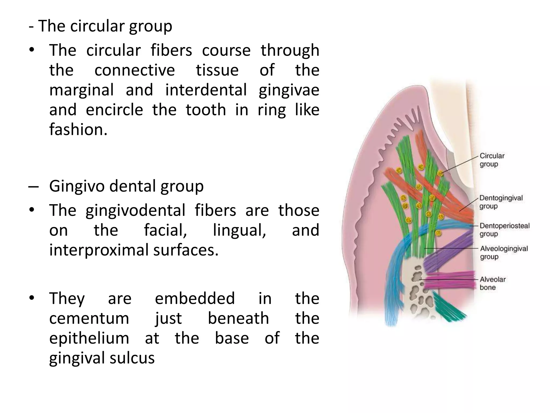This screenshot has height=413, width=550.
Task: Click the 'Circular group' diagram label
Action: point(492,160)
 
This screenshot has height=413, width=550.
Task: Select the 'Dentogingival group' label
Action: point(501,202)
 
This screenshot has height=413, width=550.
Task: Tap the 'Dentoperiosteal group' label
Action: point(504,230)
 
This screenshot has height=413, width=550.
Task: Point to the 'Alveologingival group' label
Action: point(504,252)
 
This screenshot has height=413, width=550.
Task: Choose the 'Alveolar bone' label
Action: point(493,283)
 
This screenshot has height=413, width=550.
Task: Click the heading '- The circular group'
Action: point(100,26)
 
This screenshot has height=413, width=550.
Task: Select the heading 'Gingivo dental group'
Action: point(126,186)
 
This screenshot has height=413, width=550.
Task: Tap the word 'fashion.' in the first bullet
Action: point(78,130)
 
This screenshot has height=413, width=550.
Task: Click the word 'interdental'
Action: point(206,90)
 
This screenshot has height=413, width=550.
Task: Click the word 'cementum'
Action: point(89,318)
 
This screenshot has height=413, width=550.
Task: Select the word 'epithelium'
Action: point(89,338)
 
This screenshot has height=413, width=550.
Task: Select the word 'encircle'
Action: point(114,110)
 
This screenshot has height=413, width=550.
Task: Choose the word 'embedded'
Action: point(195,298)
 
